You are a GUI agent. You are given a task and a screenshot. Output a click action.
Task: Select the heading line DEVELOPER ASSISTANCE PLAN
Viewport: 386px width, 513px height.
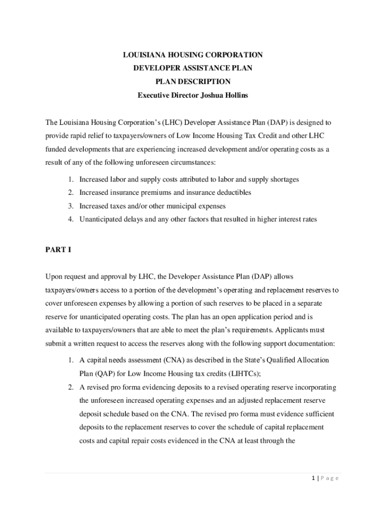192,68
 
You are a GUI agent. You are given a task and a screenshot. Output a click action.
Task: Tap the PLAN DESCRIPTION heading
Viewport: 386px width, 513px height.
192,82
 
